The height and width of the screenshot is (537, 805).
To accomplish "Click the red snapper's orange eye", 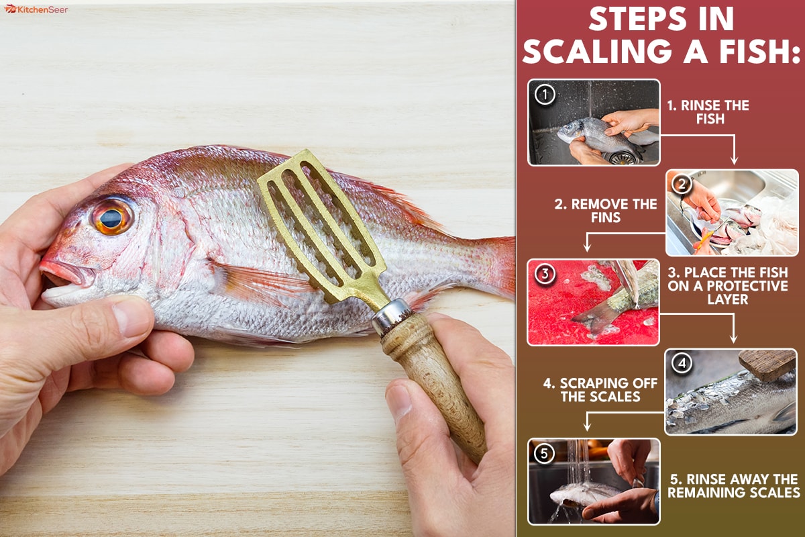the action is pyautogui.click(x=112, y=217).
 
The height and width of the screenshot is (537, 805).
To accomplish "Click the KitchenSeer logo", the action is pyautogui.click(x=36, y=9).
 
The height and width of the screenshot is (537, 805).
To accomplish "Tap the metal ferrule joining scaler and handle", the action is pyautogui.click(x=392, y=317).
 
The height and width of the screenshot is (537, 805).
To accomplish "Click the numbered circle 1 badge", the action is pyautogui.click(x=545, y=95).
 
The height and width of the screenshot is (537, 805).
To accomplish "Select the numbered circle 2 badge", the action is pyautogui.click(x=682, y=184).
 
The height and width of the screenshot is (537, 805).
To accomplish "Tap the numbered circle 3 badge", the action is pyautogui.click(x=545, y=274).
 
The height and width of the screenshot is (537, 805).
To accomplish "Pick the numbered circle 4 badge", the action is pyautogui.click(x=682, y=363).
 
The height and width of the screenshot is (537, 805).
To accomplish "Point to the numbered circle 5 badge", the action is pyautogui.click(x=544, y=454).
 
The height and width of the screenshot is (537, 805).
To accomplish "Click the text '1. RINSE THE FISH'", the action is pyautogui.click(x=708, y=112).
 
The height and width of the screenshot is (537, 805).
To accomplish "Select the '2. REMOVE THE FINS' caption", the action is pyautogui.click(x=606, y=211).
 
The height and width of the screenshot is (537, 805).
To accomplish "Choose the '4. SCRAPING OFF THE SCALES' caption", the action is pyautogui.click(x=600, y=390).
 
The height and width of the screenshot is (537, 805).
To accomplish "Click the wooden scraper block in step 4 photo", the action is pyautogui.click(x=767, y=364).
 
